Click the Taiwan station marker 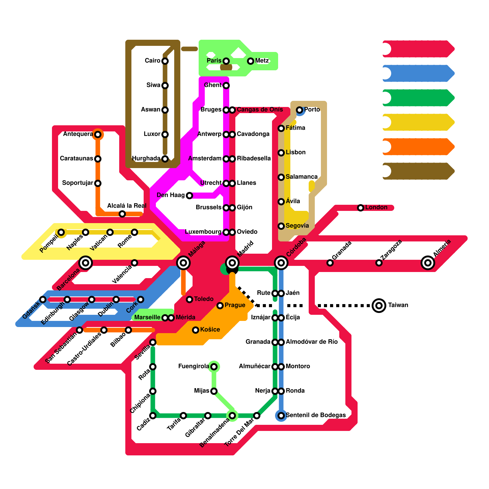[x=379, y=305]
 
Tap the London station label [x=376, y=208]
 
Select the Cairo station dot [x=165, y=61]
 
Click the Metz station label [x=262, y=61]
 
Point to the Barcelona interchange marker [x=86, y=263]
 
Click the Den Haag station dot [x=189, y=196]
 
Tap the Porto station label [x=312, y=110]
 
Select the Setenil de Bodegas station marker [x=281, y=416]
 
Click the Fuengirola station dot [x=214, y=367]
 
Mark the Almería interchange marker [x=428, y=263]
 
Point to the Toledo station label [x=204, y=299]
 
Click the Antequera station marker [x=98, y=134]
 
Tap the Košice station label [x=210, y=329]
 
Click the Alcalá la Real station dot [x=122, y=214]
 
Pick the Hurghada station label [x=146, y=159]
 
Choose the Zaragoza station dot [x=379, y=263]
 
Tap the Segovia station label [x=297, y=226]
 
